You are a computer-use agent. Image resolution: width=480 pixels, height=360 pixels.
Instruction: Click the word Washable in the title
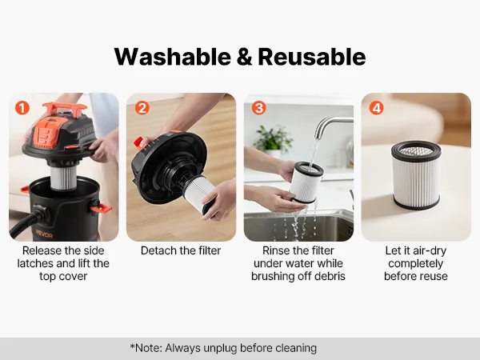(x=173, y=57)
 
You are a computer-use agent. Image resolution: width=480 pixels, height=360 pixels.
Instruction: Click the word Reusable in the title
(x=312, y=57)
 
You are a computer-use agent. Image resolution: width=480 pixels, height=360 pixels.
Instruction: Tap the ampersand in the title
(x=244, y=58)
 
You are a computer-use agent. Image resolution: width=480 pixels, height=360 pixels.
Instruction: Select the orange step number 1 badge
(x=22, y=108)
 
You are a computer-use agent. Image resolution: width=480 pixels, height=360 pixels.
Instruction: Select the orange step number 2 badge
(x=142, y=108)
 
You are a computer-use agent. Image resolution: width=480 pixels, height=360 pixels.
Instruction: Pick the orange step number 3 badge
(x=259, y=108)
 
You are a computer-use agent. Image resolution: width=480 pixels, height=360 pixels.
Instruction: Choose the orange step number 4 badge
(x=377, y=108)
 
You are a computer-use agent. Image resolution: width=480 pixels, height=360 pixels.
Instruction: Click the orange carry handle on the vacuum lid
(x=65, y=109)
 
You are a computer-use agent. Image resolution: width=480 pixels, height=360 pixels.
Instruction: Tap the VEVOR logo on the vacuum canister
(x=44, y=234)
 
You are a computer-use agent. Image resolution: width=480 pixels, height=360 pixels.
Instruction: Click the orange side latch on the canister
(x=102, y=208)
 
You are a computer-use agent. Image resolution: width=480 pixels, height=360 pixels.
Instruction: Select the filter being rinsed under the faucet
(x=306, y=183)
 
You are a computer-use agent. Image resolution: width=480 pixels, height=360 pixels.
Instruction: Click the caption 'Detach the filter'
(x=181, y=250)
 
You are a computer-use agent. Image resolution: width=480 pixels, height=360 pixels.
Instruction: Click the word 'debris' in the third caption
(x=329, y=276)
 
